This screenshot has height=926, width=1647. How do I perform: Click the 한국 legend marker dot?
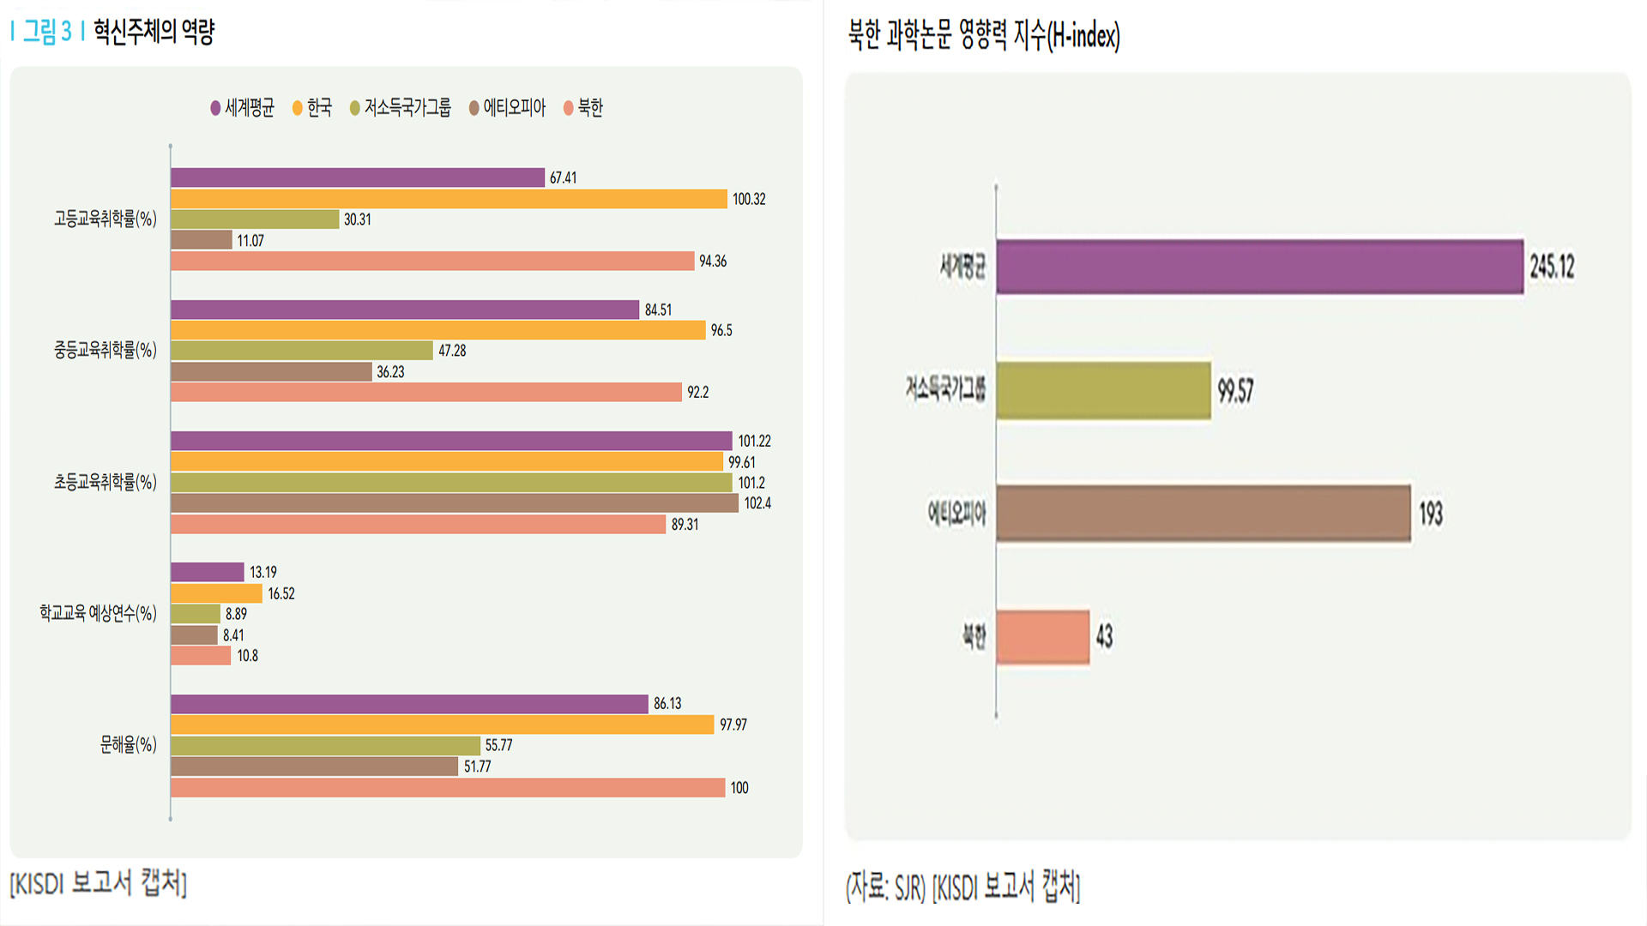[x=298, y=108]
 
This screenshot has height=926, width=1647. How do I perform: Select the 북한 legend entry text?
[x=590, y=108]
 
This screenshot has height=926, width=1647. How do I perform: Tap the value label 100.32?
[x=748, y=199]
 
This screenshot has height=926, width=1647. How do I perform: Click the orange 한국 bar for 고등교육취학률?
[x=449, y=199]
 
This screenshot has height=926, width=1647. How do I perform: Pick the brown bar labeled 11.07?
[x=202, y=240]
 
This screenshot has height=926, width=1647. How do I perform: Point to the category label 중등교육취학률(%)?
[x=106, y=350]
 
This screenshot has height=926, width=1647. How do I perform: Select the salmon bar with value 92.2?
[x=425, y=392]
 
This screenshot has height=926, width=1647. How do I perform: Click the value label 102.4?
[x=757, y=503]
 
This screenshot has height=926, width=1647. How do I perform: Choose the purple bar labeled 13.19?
[x=207, y=572]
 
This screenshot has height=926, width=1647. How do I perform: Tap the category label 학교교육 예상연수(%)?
[x=98, y=613]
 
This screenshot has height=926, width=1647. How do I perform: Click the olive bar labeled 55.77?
[x=325, y=745]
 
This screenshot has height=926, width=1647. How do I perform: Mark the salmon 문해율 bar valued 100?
[x=448, y=787]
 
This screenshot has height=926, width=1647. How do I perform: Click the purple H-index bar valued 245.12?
[x=1259, y=267]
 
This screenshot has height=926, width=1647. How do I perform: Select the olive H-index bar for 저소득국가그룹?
[x=1103, y=390]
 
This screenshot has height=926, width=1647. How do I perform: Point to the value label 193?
[x=1430, y=514]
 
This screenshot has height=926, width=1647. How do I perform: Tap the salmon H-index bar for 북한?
[x=1042, y=637]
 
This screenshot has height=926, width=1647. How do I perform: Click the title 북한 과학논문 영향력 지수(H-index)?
[x=984, y=35]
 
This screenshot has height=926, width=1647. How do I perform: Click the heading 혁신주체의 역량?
[x=154, y=32]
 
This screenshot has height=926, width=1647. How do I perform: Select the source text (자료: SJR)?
[x=885, y=887]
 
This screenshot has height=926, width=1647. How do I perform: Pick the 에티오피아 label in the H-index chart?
[x=956, y=514]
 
